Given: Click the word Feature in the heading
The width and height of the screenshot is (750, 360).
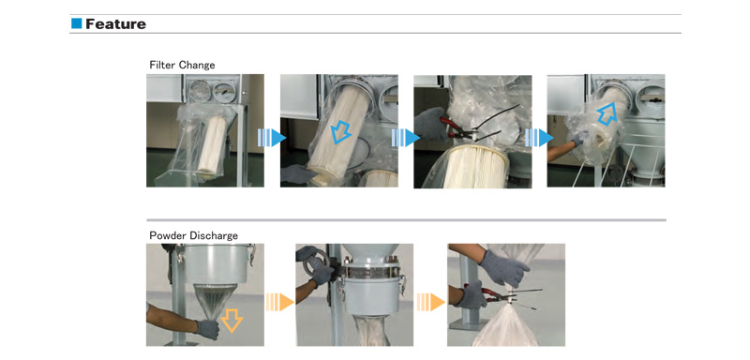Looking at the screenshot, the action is pos(115,23).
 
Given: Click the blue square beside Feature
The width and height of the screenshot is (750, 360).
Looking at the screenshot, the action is pos(77,23).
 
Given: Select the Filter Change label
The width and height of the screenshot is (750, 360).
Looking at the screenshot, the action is pos(182,65).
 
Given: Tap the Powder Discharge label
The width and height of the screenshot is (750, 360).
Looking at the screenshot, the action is pos(194,235).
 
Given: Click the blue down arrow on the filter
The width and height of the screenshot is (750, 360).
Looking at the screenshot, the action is pos(341,131).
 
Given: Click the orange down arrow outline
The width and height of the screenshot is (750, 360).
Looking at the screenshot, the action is pos(231,321).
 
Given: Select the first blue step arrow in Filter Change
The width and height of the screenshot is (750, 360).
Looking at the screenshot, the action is pos(272,138).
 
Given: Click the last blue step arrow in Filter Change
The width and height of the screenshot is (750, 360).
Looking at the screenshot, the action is pos(539,138).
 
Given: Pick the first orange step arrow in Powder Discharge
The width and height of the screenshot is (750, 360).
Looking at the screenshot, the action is pos(279,302).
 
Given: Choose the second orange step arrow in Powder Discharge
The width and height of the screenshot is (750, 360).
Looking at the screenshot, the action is pos(431,302).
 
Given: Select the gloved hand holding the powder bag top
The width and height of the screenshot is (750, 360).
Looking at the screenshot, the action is pos(503,269).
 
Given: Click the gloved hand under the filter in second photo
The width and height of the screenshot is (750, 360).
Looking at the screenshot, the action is pos(299,173).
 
